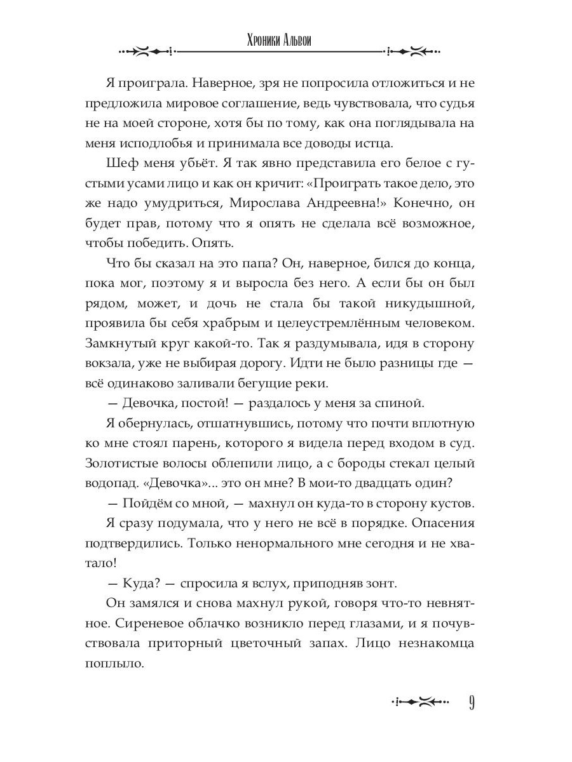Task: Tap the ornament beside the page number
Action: tap(415, 702)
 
